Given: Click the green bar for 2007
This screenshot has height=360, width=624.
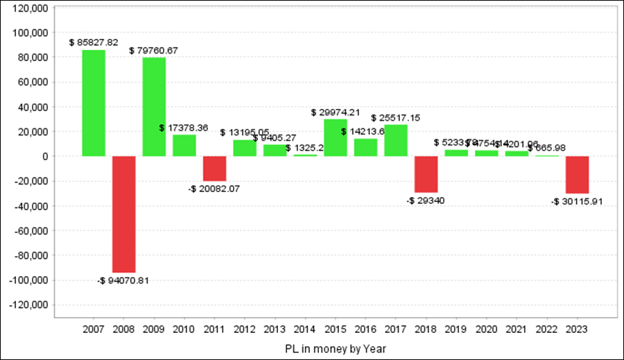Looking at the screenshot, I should click(x=94, y=103).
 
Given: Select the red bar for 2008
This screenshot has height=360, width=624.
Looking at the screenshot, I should click(x=123, y=214).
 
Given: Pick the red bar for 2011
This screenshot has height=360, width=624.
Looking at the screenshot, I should click(x=214, y=169).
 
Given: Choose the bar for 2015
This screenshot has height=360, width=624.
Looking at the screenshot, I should click(x=336, y=138).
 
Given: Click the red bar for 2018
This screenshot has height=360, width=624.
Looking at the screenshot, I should click(x=426, y=174).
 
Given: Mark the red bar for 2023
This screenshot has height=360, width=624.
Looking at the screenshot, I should click(x=577, y=175).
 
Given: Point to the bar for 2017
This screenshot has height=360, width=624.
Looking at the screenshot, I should click(x=396, y=141).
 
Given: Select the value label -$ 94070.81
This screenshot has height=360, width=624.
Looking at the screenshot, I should click(x=123, y=281).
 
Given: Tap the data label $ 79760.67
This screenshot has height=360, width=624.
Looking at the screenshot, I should click(x=154, y=50).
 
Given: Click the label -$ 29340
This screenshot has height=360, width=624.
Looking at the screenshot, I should click(x=426, y=201).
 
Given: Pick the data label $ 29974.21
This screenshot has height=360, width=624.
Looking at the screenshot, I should click(x=336, y=112).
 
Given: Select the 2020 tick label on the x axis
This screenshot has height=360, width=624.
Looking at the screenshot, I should click(x=487, y=328).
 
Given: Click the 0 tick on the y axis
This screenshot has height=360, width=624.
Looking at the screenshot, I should click(x=43, y=157).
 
